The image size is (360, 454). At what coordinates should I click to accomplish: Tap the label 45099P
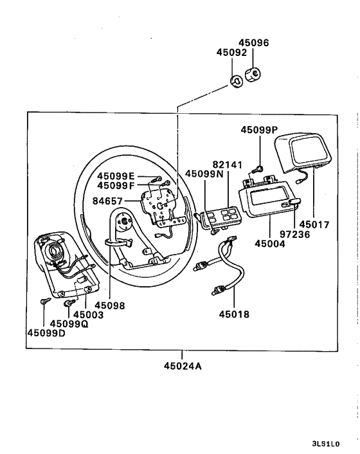pos(260,129)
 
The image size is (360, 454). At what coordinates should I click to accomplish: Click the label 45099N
pos(204,174)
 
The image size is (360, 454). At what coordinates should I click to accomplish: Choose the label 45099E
pos(116,176)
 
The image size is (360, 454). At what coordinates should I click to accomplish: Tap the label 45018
pos(233,315)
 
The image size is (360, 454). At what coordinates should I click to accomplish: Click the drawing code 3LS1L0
pos(325,444)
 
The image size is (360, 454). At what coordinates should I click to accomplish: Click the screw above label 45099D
pos(43,301)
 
